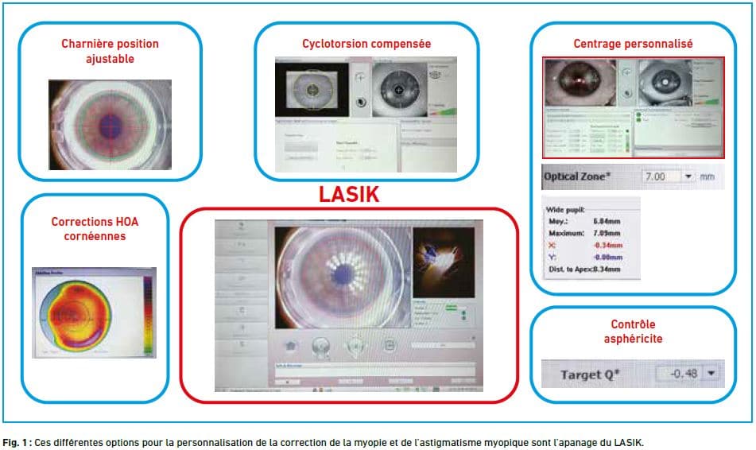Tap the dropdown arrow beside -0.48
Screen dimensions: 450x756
710,372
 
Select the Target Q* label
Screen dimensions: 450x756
591,373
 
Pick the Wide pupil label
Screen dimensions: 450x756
565,209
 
